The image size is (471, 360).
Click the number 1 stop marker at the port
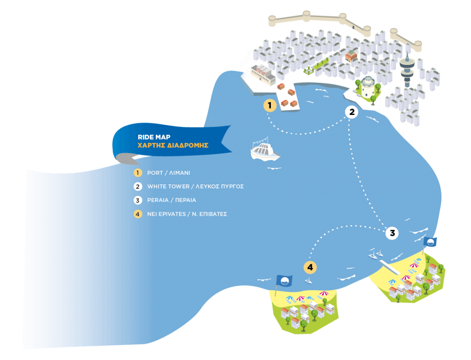point(270,105)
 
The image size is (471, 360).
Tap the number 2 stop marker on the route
point(352,112)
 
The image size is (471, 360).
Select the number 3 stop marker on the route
point(392,233)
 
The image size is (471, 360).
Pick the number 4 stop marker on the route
point(310,267)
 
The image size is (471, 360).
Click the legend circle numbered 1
point(138,173)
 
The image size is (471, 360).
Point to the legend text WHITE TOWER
point(168,187)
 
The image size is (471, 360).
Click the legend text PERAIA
point(158,200)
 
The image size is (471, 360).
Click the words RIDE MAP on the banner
point(154,137)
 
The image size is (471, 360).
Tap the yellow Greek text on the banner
point(173,145)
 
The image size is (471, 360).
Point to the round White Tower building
point(368,87)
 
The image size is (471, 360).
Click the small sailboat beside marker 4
point(308,281)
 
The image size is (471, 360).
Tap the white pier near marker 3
point(390,267)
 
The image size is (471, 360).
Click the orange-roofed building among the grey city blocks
point(351,56)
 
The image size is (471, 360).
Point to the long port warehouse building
point(263,75)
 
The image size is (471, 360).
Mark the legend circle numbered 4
point(138,214)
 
